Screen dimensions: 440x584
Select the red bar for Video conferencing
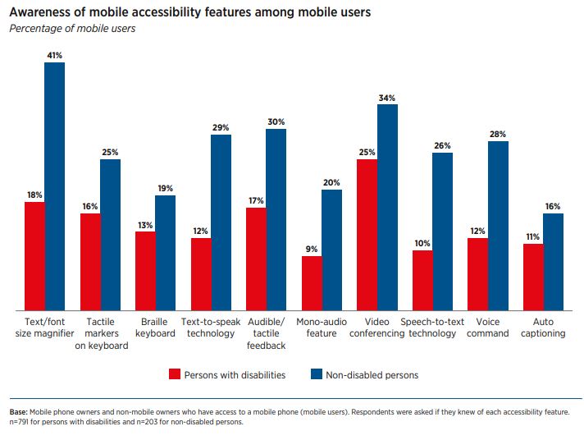tap(367, 234)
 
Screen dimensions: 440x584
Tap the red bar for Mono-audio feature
tap(312, 282)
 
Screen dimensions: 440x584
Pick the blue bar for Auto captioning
tap(554, 261)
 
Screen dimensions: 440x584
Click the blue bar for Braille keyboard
tap(166, 252)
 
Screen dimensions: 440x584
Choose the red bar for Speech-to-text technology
tap(422, 280)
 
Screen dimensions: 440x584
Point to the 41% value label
tap(55, 56)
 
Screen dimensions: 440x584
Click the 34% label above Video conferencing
tap(387, 98)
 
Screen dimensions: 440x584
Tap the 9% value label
tap(312, 249)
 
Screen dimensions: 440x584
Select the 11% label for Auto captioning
tap(533, 236)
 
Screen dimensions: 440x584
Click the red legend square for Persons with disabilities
tap(174, 375)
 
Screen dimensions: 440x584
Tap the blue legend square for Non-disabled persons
tap(316, 375)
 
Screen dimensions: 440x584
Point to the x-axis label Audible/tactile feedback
tap(266, 333)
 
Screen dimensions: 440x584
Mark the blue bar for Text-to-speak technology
tap(221, 222)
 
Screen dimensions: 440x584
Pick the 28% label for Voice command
tap(498, 134)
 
